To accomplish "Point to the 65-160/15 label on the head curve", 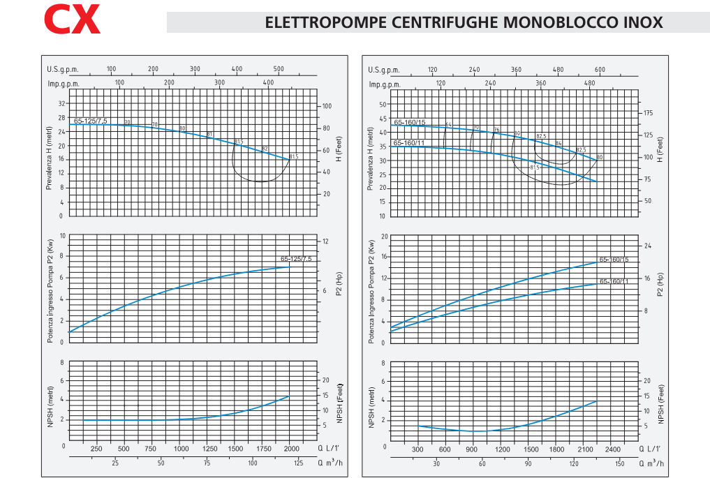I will click(409, 122).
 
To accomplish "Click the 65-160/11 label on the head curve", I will click(408, 142).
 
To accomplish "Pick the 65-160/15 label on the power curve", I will click(614, 260).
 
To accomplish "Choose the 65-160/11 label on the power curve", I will click(614, 281).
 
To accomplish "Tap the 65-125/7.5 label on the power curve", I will click(296, 259).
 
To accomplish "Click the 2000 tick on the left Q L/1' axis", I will click(291, 449).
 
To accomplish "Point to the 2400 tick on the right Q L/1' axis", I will click(612, 449).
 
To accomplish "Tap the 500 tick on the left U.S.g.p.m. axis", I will click(279, 69).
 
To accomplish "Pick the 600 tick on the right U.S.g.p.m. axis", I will click(600, 69).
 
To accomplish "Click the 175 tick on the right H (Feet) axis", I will click(647, 112).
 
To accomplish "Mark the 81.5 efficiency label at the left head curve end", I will click(293, 156).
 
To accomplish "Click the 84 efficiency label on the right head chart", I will click(559, 143).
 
